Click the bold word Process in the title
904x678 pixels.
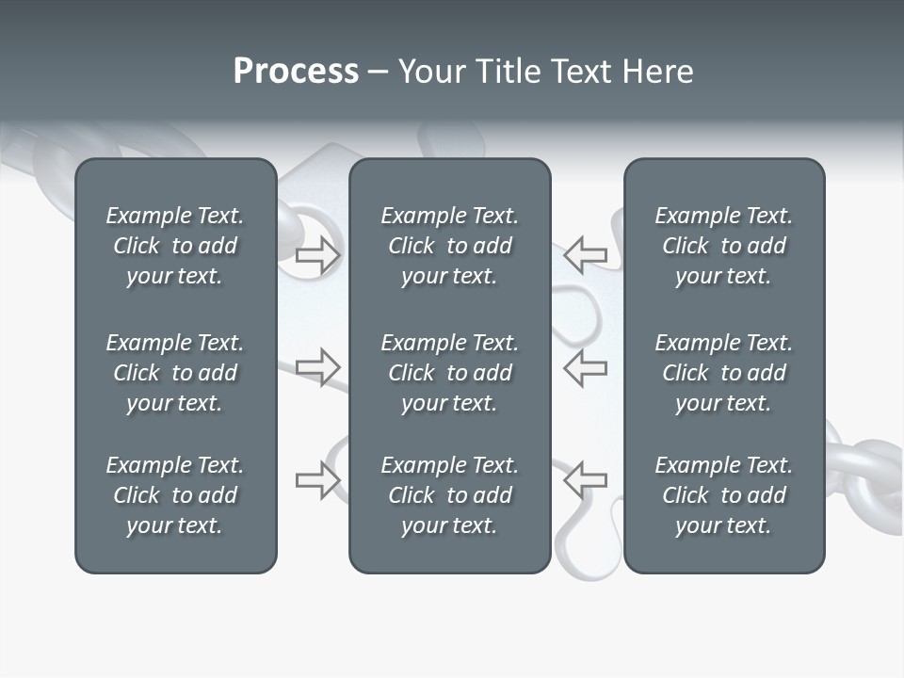296,72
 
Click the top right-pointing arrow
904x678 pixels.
318,255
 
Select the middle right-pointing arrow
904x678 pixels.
318,367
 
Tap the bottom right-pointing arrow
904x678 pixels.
318,480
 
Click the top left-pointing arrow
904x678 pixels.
586,254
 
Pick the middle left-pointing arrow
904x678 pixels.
586,367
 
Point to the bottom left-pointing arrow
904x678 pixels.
586,479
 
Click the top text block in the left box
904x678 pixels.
175,246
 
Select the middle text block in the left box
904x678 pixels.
175,373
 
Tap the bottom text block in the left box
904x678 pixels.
175,495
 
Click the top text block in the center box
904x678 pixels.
450,246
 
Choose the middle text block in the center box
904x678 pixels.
450,373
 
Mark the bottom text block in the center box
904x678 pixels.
450,495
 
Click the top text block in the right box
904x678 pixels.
724,246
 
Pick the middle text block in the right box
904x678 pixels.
724,373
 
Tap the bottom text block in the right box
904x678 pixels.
724,495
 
